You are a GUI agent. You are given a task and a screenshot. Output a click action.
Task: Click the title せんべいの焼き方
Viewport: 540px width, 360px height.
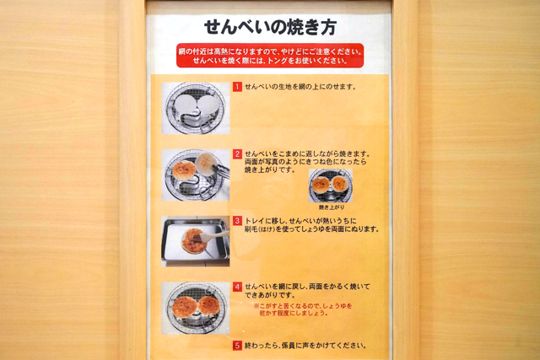point(270,28)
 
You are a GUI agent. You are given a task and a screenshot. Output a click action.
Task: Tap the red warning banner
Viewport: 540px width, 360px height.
point(270,56)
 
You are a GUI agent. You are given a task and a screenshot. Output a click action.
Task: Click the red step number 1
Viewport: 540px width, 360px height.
point(237,87)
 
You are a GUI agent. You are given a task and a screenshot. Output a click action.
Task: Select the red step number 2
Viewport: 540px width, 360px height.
point(237,153)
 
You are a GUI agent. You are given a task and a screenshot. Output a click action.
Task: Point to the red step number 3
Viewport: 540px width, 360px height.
point(237,221)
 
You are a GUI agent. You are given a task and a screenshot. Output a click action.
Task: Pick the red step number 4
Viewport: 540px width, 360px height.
point(237,287)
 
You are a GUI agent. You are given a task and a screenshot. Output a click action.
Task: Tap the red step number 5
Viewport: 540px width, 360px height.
point(237,345)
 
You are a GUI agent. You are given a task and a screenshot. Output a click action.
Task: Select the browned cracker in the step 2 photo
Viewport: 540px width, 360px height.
point(184,170)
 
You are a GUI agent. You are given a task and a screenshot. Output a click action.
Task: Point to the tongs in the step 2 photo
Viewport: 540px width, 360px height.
point(220,170)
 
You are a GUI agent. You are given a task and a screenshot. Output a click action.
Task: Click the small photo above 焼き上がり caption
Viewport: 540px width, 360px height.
point(331,185)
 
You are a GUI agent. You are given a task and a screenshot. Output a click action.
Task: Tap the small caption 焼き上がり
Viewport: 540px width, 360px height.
point(332,207)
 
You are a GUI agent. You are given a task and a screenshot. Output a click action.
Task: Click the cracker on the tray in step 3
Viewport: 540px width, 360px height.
point(193,240)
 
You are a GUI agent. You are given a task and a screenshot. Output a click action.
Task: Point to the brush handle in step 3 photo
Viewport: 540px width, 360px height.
point(215,235)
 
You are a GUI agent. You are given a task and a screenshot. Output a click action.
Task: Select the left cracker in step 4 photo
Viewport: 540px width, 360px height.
point(184,307)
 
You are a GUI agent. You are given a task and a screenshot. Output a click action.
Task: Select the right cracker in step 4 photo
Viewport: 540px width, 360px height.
point(208,306)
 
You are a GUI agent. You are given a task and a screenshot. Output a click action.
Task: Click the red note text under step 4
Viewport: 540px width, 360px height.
point(303,309)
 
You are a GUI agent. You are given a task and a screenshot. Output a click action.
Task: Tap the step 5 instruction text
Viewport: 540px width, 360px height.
point(305,345)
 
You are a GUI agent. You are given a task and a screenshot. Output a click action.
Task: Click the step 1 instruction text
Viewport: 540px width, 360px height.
point(300,87)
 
